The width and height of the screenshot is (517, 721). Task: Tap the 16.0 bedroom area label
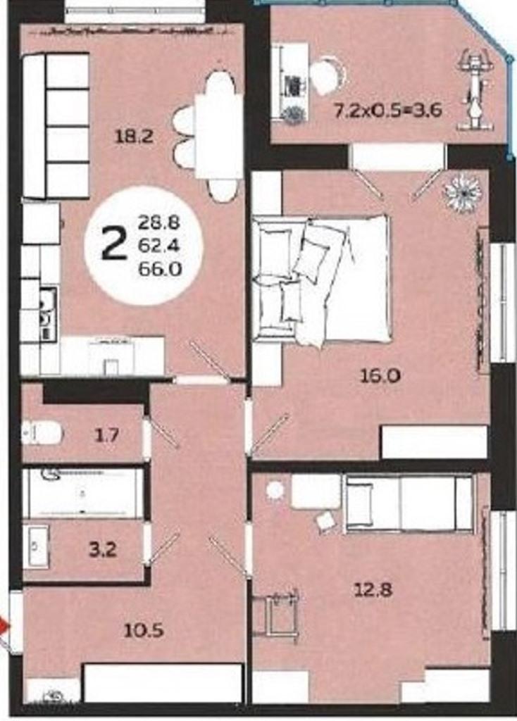click(380, 376)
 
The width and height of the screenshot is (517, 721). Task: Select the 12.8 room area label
click(373, 589)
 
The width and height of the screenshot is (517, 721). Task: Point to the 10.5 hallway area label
click(144, 630)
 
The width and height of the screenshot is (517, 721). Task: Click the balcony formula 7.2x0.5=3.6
click(388, 111)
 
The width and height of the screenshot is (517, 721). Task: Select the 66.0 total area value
click(160, 268)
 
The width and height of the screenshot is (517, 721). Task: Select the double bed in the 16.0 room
click(322, 280)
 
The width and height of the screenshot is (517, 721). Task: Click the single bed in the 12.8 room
click(409, 504)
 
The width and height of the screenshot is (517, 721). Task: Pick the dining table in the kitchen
click(218, 135)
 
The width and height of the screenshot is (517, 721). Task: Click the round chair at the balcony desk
click(328, 73)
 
